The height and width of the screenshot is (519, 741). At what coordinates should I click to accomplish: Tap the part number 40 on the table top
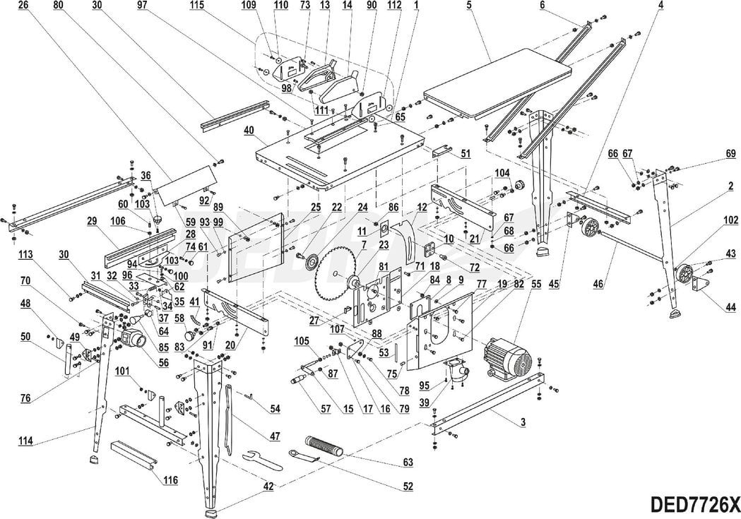(249, 130)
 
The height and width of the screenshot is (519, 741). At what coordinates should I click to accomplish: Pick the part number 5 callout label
(468, 6)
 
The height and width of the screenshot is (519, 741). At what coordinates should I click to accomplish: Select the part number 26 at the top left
(23, 5)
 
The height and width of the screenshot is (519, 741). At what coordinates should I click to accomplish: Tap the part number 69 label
(730, 153)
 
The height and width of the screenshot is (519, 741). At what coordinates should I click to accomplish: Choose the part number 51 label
(465, 153)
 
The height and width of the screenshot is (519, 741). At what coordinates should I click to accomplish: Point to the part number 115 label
(197, 5)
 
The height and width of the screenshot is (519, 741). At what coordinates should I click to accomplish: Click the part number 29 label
(91, 221)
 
